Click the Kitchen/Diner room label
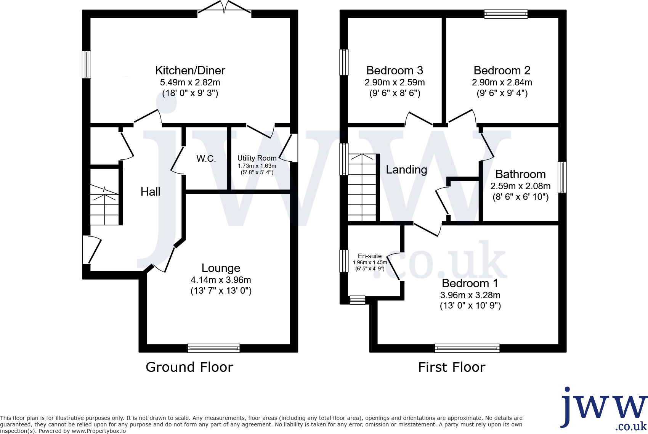[x=190, y=71]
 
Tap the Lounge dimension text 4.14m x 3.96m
[x=221, y=280]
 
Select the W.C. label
[x=206, y=159]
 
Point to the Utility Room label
[x=257, y=158]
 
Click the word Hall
[x=150, y=192]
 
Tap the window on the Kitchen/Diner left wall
[x=87, y=64]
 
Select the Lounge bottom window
[x=213, y=348]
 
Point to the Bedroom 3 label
[x=395, y=71]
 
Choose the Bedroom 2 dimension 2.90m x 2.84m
[x=502, y=82]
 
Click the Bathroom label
[x=520, y=174]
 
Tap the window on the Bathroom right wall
[x=562, y=177]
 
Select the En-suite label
[x=369, y=256]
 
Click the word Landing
[x=406, y=170]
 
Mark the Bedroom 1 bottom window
[x=467, y=348]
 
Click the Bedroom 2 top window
[x=506, y=14]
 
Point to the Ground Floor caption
[x=189, y=367]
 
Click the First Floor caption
[x=452, y=367]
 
